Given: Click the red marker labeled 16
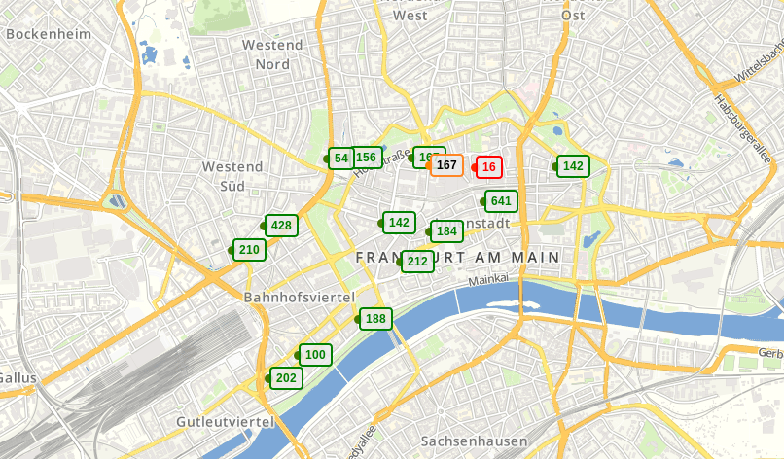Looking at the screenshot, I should click(x=488, y=167).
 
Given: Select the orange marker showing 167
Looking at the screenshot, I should click(x=446, y=165).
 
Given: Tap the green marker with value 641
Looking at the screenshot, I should click(x=501, y=201).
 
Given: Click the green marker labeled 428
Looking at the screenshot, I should click(x=281, y=226).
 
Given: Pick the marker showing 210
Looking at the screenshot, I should click(x=249, y=250).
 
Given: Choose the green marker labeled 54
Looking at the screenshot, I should click(x=340, y=158).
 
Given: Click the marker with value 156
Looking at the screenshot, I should click(x=367, y=158).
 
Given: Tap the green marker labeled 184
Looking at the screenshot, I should click(x=446, y=231).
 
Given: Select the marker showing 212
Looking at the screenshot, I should click(x=417, y=261).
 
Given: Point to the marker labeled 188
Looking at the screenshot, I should click(x=375, y=319).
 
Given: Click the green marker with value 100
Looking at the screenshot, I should click(x=315, y=355).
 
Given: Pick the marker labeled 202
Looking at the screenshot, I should click(x=286, y=378).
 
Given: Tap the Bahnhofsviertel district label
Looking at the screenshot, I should click(x=299, y=297).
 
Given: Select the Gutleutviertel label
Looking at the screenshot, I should click(x=225, y=422).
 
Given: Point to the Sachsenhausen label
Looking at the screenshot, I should click(x=473, y=441).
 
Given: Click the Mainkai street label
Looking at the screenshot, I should click(x=488, y=279).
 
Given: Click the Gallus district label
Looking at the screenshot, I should click(x=18, y=378).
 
